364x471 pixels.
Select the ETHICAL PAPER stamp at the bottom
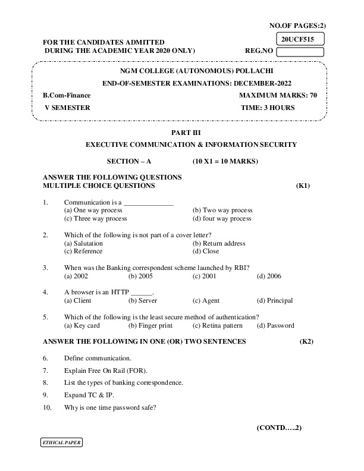61,443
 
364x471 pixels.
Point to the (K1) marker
303,186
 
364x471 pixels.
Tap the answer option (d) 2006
269,276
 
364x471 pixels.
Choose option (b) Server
143,301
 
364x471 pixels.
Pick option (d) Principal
274,301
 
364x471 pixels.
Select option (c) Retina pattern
216,325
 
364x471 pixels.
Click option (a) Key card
81,325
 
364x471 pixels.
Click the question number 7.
45,370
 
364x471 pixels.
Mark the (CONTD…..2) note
280,428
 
